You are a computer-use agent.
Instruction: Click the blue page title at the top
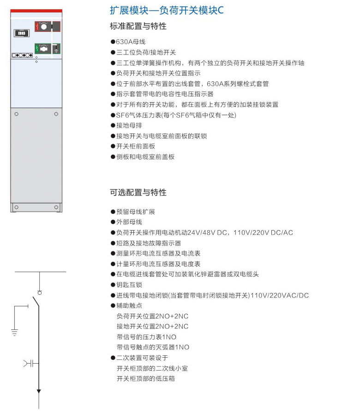[167, 10]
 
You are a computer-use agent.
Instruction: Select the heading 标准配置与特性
[138, 26]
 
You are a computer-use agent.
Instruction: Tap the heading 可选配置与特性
[138, 192]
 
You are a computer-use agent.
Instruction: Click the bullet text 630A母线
[131, 42]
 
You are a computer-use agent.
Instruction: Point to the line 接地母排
[129, 125]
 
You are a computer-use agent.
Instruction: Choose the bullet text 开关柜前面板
[136, 146]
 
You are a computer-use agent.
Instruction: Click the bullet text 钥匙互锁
[129, 285]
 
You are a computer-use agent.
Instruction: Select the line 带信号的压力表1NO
[146, 337]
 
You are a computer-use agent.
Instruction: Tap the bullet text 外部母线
[129, 222]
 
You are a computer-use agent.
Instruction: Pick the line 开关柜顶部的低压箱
[145, 378]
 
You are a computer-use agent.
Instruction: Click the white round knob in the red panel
[44, 26]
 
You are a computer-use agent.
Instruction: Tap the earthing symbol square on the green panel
[56, 49]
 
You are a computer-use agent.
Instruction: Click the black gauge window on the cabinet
[22, 33]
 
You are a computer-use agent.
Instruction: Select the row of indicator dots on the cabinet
[22, 55]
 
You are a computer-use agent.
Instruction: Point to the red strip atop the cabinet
[36, 11]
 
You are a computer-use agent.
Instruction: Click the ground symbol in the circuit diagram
[14, 333]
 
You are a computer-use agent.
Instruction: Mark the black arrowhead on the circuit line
[39, 391]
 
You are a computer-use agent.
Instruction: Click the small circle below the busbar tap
[40, 293]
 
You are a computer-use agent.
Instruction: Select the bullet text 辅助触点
[129, 305]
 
